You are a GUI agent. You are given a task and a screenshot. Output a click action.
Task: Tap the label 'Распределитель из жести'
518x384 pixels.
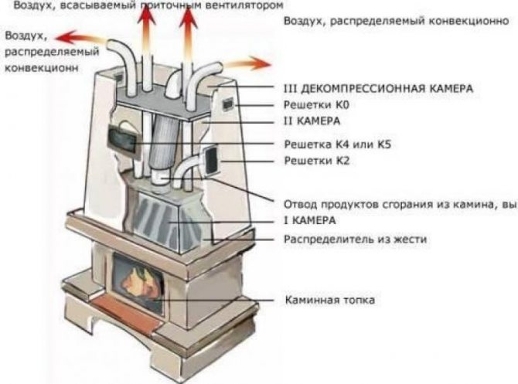tap(356, 240)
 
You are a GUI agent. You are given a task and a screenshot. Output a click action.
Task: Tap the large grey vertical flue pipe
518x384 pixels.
tap(162, 147)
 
